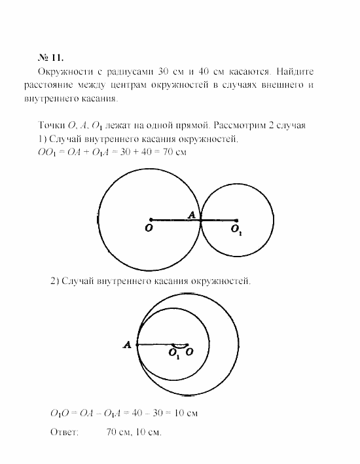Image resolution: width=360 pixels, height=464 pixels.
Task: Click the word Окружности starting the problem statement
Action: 65,71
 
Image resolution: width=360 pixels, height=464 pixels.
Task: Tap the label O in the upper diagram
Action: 150,230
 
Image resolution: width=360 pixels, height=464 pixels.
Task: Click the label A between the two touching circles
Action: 191,215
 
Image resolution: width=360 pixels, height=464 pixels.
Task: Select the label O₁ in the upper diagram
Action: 236,230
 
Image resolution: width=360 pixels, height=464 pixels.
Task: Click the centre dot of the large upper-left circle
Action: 151,220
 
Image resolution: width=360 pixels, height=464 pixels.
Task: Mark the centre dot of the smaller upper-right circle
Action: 236,220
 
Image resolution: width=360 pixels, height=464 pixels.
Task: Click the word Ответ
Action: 64,433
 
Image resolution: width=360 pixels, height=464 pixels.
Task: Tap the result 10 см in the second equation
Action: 186,414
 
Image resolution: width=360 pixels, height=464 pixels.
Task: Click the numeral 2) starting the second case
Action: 55,281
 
